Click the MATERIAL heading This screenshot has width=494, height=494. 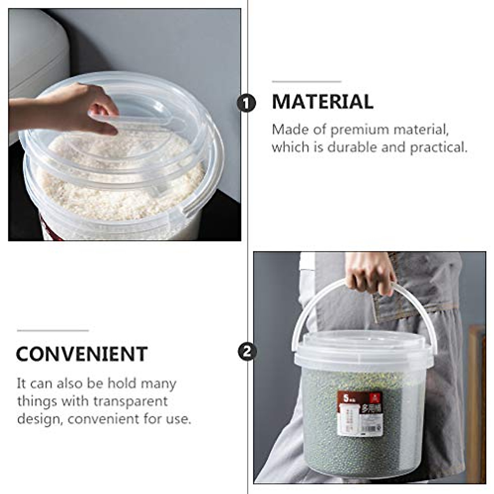click(322, 102)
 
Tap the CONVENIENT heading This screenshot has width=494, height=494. click(82, 354)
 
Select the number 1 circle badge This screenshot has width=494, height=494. click(246, 103)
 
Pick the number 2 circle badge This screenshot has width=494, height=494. click(247, 352)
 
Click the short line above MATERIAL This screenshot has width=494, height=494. click(306, 82)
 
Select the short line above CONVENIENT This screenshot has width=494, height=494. click(53, 330)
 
